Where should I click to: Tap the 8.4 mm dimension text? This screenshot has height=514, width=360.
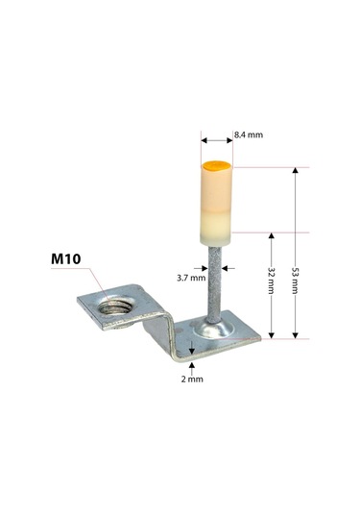[248, 136]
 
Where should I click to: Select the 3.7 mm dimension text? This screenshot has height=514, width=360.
[190, 278]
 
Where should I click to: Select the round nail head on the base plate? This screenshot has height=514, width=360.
[214, 330]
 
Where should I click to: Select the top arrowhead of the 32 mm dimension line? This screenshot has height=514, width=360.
[273, 236]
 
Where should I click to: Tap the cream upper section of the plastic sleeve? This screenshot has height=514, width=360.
[216, 192]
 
